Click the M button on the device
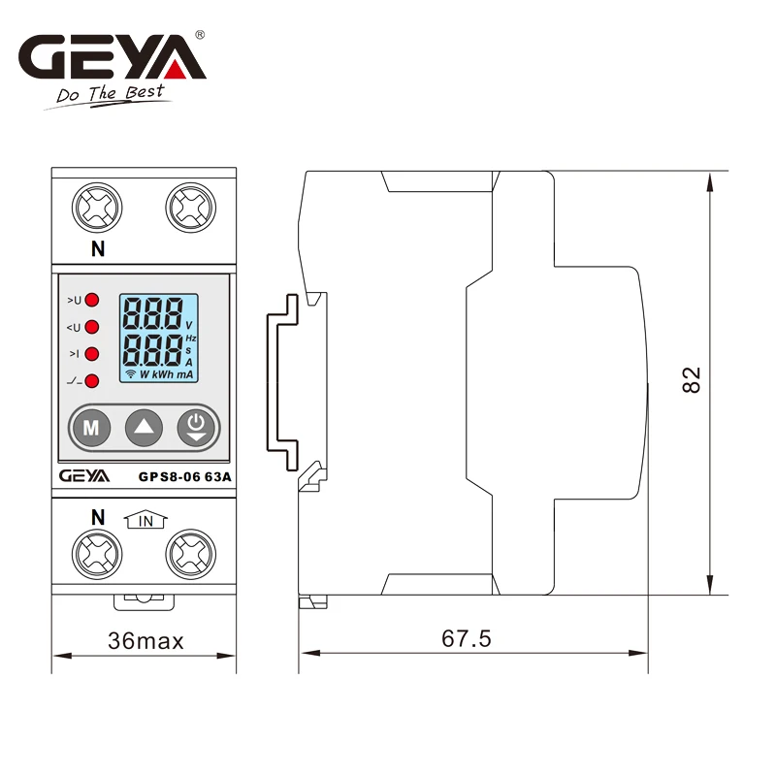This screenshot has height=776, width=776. point(91,428)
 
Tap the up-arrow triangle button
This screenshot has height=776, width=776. point(144,428)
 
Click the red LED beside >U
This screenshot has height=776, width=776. point(92,300)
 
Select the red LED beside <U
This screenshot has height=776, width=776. point(92,327)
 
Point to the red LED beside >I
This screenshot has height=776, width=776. point(92,354)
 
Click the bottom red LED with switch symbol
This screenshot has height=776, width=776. point(92,381)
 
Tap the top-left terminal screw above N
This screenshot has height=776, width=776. point(97,208)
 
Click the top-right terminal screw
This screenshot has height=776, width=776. point(190,208)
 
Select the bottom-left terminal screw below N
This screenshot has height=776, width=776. point(97,554)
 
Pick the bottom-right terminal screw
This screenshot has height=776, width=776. point(190,554)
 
